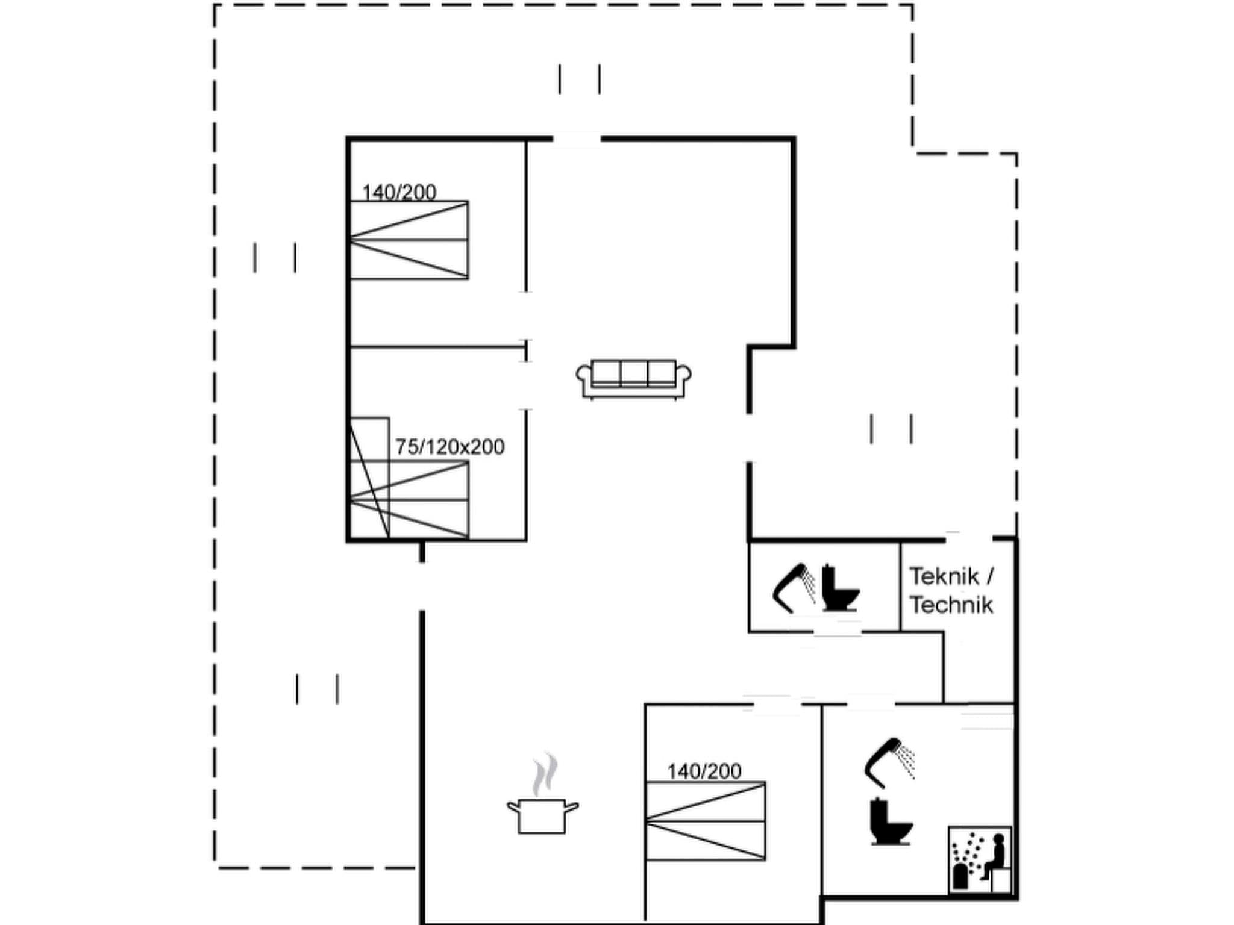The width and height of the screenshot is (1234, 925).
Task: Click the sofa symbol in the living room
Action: tap(633, 379)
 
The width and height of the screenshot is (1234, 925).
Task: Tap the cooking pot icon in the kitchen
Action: tap(542, 815)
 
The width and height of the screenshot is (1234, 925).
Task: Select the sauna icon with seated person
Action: tap(980, 859)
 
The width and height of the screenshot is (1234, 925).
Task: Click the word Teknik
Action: tap(944, 576)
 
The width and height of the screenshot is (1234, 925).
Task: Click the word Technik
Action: tap(951, 605)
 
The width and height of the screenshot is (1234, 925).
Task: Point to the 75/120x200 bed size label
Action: tap(449, 447)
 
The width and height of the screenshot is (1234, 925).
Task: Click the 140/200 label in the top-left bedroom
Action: tap(399, 192)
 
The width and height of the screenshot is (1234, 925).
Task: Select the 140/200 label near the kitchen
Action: tap(704, 771)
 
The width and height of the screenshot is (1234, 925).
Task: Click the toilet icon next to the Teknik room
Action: tap(840, 588)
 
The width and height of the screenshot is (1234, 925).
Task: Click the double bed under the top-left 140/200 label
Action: tap(409, 240)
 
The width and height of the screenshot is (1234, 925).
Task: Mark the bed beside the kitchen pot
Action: tap(705, 821)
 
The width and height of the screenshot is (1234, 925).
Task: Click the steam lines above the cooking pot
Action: tap(545, 774)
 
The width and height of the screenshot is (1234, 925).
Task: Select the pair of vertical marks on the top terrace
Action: tap(579, 79)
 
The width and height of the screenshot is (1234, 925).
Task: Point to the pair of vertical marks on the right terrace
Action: tap(891, 429)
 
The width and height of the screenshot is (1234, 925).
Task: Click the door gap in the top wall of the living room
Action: tap(577, 139)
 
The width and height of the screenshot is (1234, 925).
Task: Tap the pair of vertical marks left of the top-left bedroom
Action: tap(275, 258)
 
